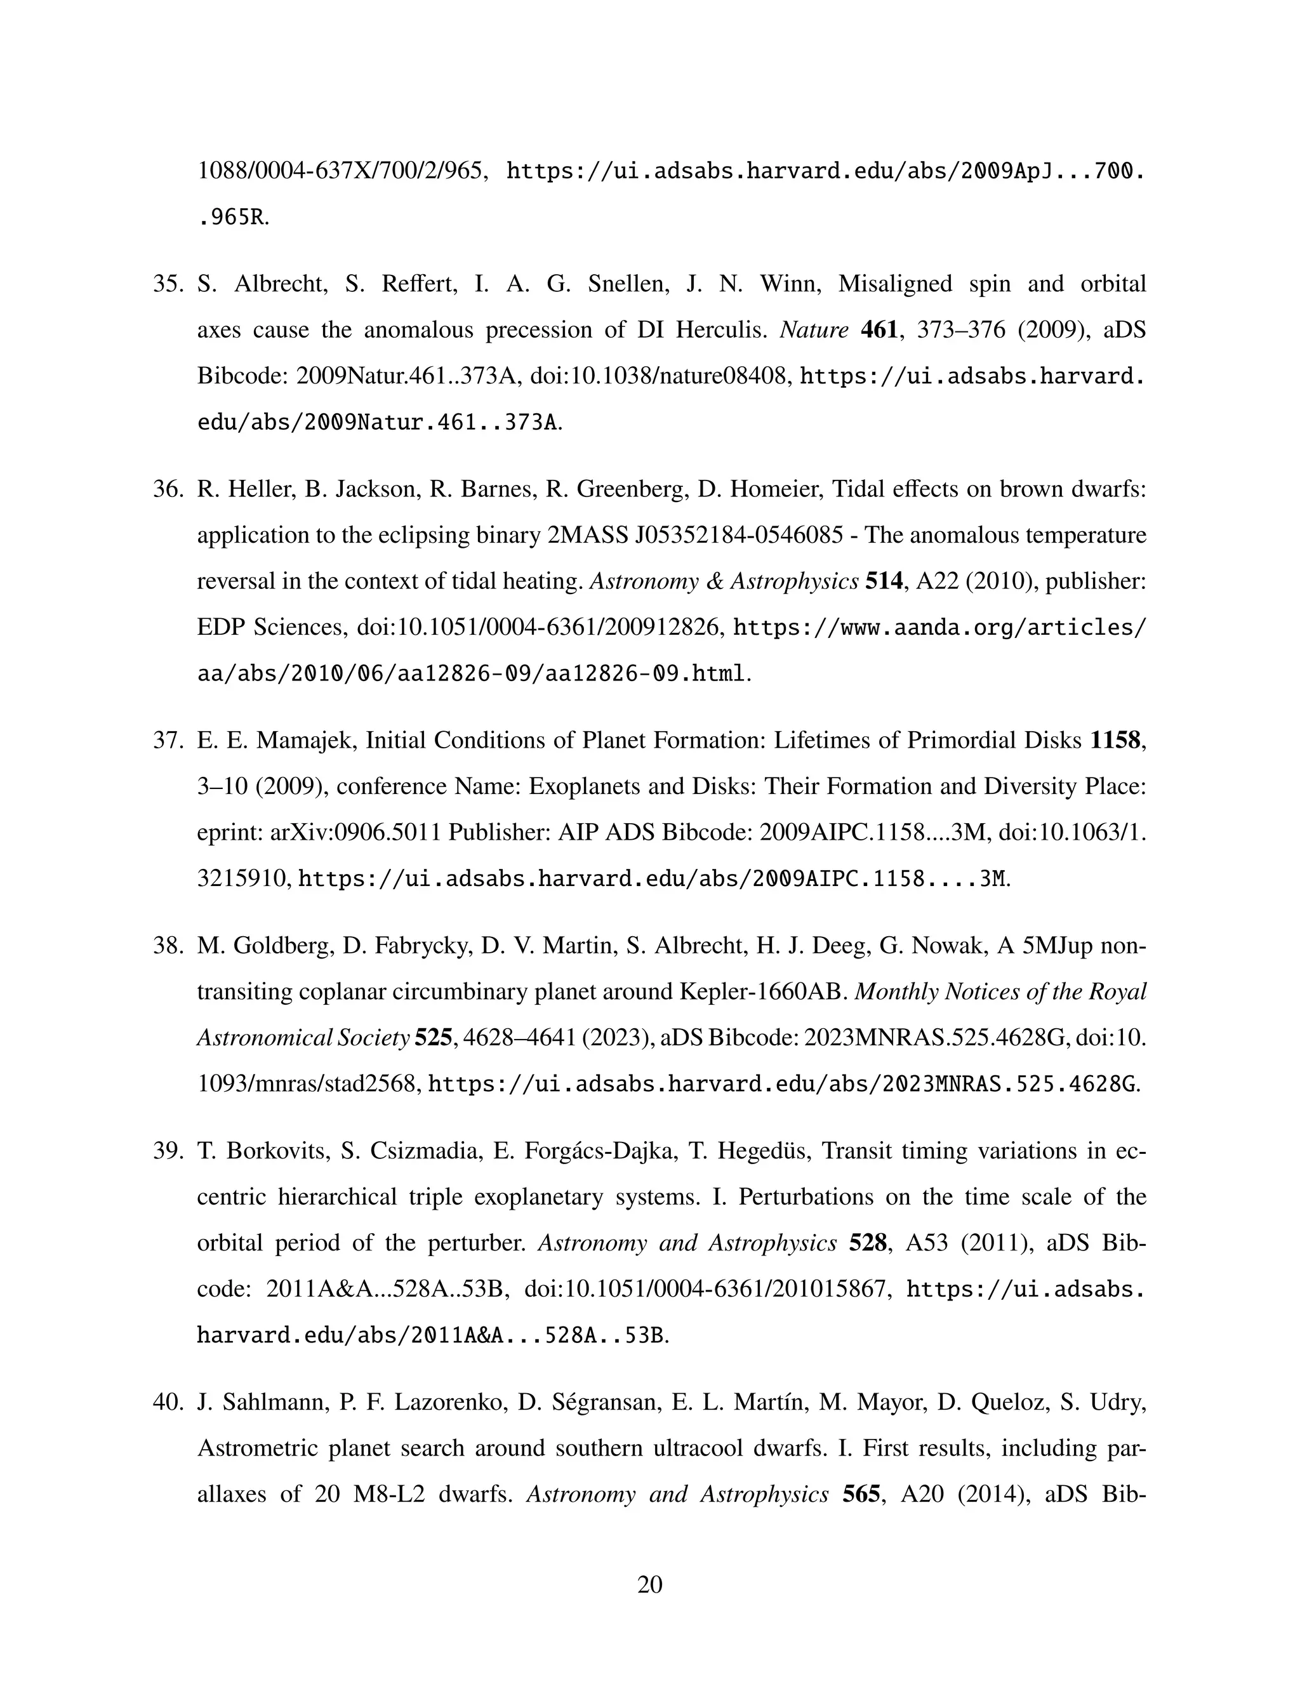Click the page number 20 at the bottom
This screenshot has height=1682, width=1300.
649,1584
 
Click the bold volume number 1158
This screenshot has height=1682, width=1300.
1115,740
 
